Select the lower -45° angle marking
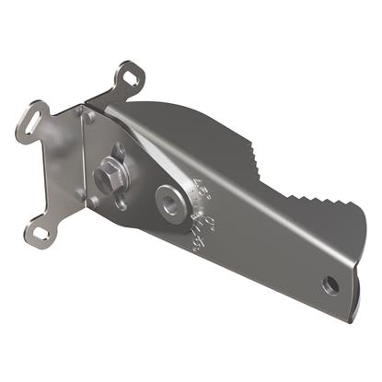(x=194, y=241)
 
